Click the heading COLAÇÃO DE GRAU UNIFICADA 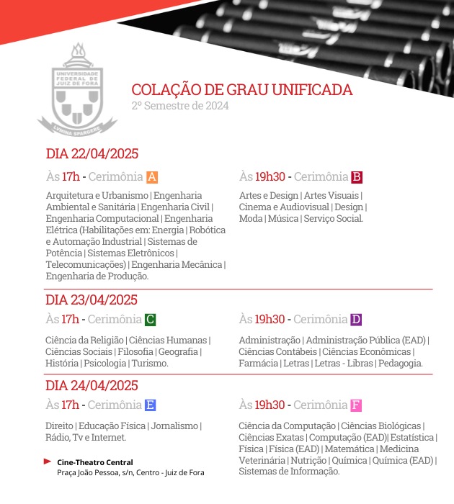[242, 90]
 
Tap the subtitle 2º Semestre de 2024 [179, 106]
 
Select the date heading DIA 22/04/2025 [92, 153]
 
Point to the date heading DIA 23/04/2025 [92, 300]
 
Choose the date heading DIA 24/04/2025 [92, 385]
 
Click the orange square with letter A [151, 177]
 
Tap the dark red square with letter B [356, 177]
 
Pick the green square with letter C [150, 320]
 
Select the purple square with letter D [355, 320]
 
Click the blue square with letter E [150, 405]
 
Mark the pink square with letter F [355, 405]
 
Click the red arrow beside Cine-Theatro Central [48, 462]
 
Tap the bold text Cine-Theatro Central [95, 462]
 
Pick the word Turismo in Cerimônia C [149, 364]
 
